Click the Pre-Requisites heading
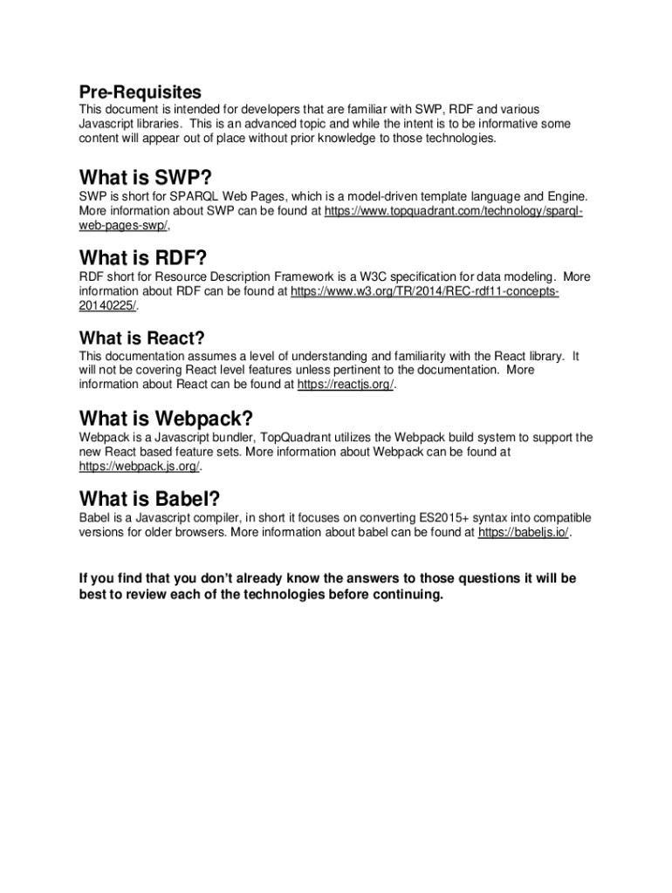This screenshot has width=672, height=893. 140,92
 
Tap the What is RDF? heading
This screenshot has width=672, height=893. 143,257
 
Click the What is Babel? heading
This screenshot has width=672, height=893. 149,499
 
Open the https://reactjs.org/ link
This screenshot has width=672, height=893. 346,385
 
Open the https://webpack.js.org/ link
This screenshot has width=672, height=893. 139,467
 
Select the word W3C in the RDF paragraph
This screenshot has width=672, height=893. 379,277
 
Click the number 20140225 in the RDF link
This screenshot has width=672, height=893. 107,306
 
